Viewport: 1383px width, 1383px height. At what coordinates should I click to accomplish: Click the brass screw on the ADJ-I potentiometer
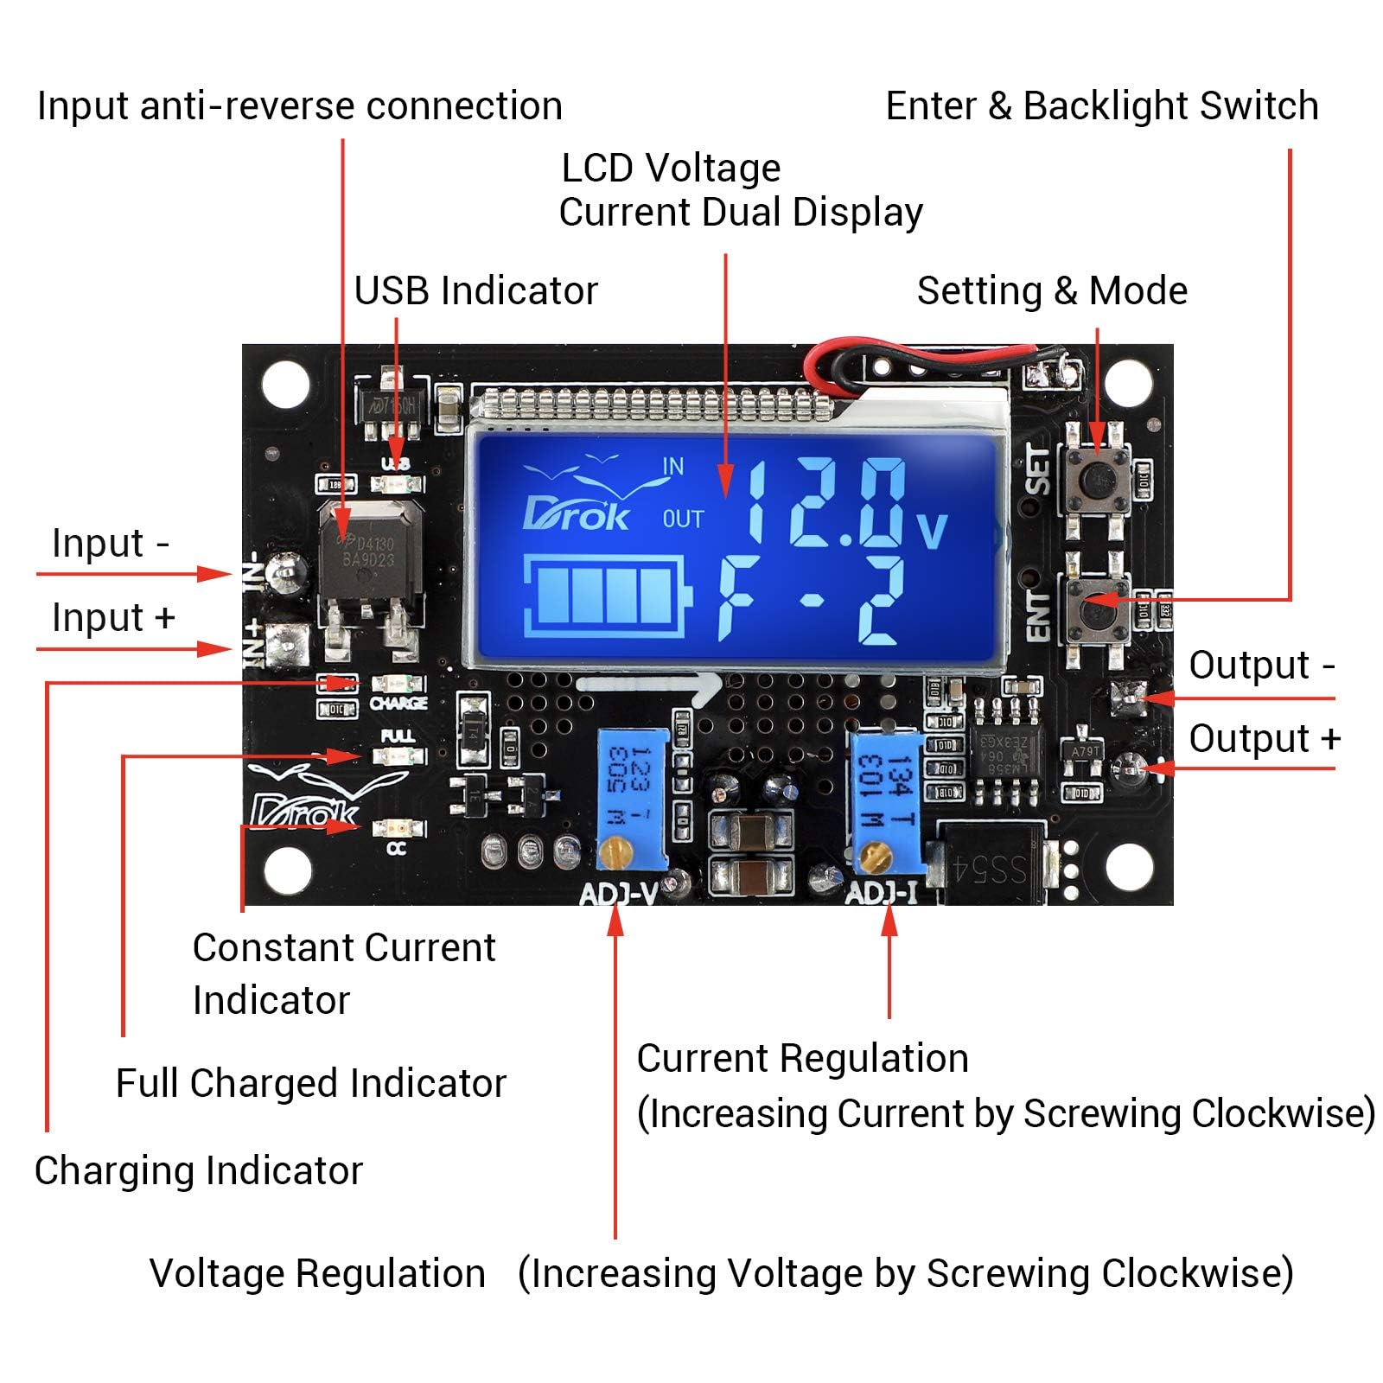[875, 855]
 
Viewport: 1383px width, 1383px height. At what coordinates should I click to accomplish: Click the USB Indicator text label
[475, 290]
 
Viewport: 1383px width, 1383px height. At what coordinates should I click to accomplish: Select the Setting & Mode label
[1051, 290]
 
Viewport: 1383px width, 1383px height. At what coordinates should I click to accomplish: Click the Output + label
[1264, 739]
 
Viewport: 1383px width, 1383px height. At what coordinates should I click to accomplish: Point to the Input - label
[111, 544]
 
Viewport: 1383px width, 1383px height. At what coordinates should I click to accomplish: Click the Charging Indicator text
[198, 1170]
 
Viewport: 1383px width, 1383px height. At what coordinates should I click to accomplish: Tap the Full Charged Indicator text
[310, 1083]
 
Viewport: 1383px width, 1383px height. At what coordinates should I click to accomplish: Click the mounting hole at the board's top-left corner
[286, 384]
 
